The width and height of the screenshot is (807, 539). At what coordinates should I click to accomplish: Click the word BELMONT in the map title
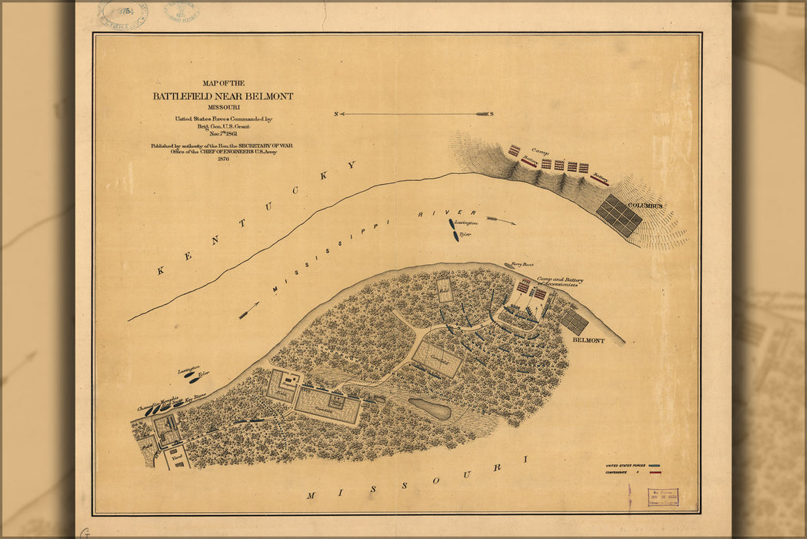[x=265, y=96]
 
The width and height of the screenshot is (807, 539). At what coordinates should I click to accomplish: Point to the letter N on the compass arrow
[x=336, y=114]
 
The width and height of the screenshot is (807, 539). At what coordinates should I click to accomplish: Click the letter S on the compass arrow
[x=492, y=114]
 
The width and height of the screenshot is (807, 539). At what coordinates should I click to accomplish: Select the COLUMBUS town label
[x=645, y=206]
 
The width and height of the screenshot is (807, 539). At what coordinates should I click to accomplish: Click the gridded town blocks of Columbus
[x=619, y=216]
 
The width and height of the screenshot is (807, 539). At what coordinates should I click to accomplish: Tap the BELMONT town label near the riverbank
[x=588, y=340]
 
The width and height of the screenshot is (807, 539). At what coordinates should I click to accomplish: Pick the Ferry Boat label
[x=517, y=266]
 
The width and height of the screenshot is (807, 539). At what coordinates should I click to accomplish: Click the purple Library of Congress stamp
[x=662, y=497]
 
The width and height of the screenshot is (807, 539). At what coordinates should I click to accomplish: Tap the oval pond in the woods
[x=430, y=409]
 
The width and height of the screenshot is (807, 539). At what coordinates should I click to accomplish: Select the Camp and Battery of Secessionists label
[x=559, y=282]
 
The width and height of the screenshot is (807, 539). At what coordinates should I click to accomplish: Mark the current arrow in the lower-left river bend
[x=248, y=310]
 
